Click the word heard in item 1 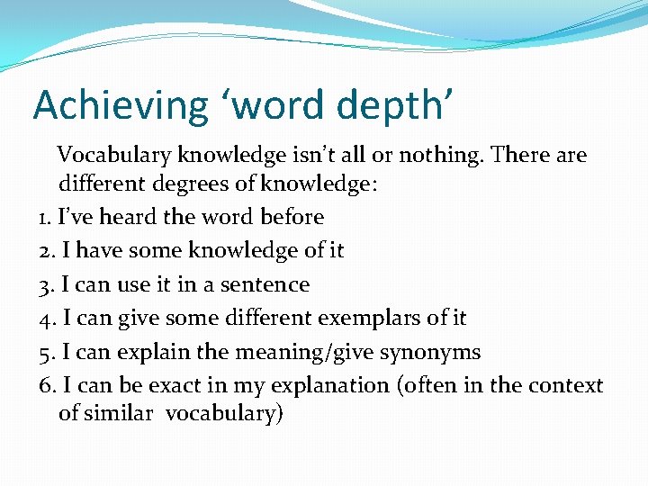click(120, 218)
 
